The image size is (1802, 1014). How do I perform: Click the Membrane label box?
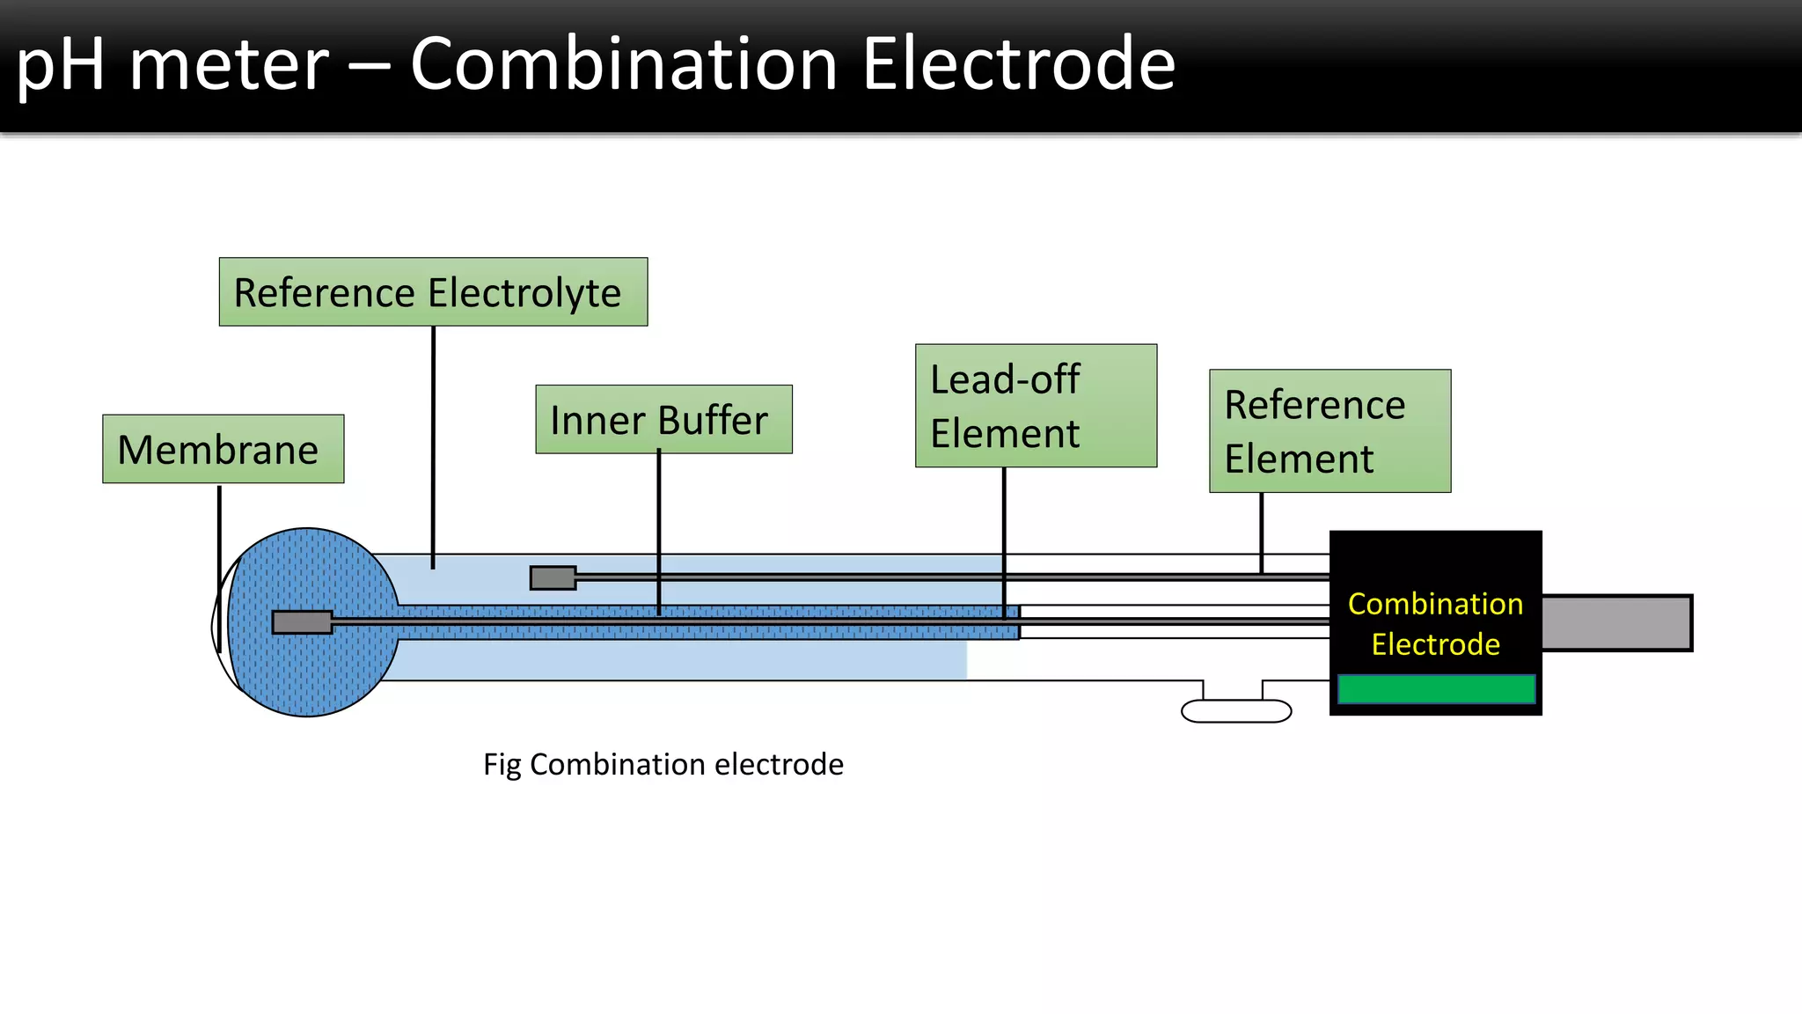223,449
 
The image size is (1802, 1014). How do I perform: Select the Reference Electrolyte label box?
433,292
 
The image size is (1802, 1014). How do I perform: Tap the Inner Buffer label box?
663,420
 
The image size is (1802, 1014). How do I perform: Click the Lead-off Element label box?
1036,406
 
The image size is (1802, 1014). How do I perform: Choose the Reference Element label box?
1330,431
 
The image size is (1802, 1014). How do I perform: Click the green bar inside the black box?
1436,689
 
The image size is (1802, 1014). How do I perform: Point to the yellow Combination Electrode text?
1435,624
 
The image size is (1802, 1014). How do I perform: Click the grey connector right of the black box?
1616,623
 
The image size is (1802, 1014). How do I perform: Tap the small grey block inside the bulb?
302,622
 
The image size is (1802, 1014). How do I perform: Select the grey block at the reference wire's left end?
553,578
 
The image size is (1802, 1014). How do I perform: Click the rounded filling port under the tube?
1235,710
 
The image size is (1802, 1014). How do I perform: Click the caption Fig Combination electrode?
663,764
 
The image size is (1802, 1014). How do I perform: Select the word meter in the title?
229,66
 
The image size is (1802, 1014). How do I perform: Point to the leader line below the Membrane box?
219,528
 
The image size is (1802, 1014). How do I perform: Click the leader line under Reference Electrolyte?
433,440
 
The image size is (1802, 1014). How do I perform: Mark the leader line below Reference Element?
1261,528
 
